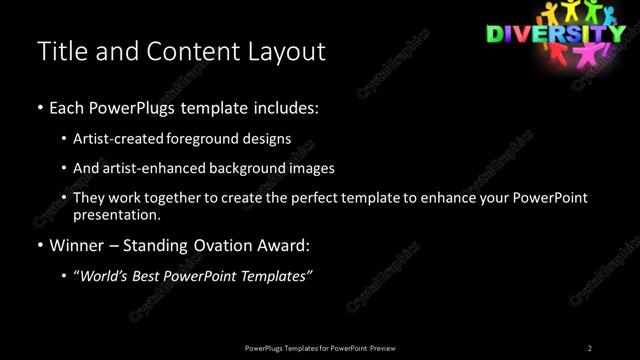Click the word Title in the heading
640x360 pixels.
[x=58, y=51]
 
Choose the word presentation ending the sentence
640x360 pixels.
[x=117, y=215]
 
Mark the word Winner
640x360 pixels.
[x=79, y=246]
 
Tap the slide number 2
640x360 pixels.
[x=590, y=348]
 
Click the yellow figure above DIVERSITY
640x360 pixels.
[x=571, y=11]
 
